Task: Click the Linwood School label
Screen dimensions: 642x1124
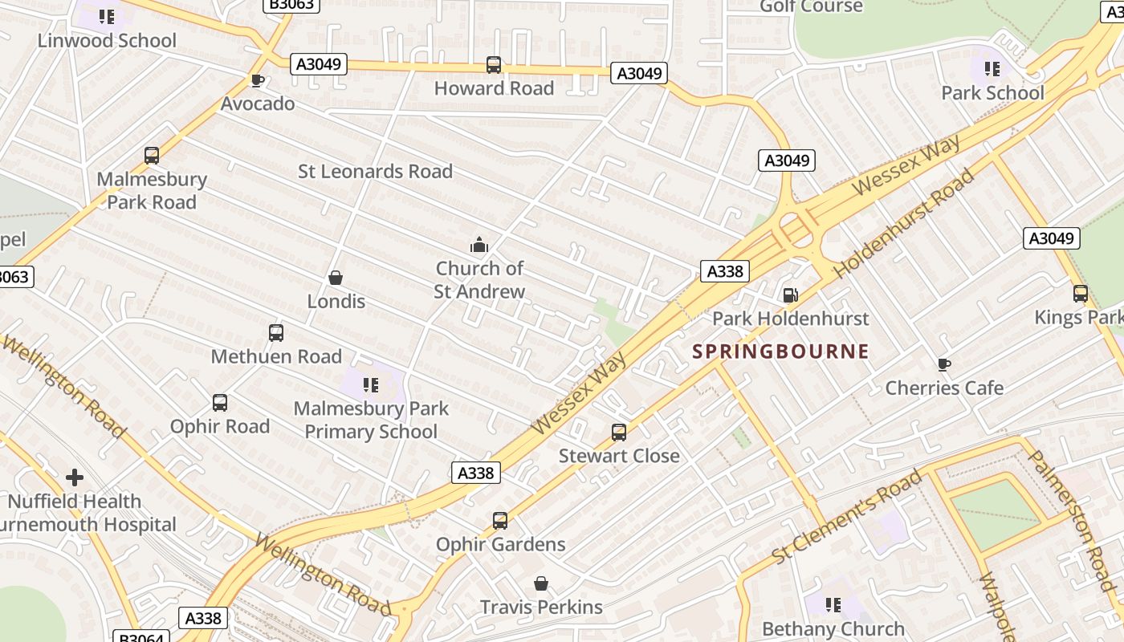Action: tap(107, 40)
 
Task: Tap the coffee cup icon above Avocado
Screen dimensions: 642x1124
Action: tap(257, 81)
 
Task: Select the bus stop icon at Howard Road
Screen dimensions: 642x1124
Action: tap(494, 65)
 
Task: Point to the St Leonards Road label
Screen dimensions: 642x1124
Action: tap(375, 171)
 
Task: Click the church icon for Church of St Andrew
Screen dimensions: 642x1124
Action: tap(479, 245)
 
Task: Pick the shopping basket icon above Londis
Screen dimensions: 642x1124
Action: tap(336, 278)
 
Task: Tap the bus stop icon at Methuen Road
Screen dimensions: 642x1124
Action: tap(276, 333)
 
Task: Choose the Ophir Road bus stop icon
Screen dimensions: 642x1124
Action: tap(220, 403)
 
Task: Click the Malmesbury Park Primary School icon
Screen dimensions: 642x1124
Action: tap(370, 385)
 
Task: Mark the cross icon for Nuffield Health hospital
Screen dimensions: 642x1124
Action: tap(75, 477)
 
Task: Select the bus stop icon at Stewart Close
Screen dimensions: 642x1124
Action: tap(619, 433)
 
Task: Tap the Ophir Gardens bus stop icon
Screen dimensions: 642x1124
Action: tap(500, 521)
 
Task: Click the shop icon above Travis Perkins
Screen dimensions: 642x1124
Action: tap(541, 583)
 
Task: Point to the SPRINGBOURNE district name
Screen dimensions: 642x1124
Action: tap(781, 351)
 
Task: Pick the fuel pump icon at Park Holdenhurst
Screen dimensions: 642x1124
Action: tap(790, 295)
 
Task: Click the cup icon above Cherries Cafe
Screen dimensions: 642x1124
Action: tap(944, 365)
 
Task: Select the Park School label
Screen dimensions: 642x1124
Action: tap(992, 93)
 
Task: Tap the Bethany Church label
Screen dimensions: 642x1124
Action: tap(833, 628)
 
